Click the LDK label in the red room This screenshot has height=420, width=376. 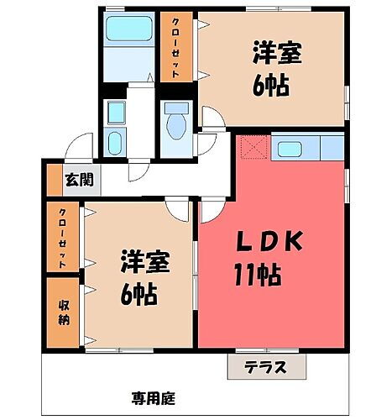(266, 242)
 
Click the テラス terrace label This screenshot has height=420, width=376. (266, 367)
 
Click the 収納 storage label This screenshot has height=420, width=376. (65, 312)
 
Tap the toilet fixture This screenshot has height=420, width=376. (175, 123)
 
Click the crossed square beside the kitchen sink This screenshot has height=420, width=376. (252, 149)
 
